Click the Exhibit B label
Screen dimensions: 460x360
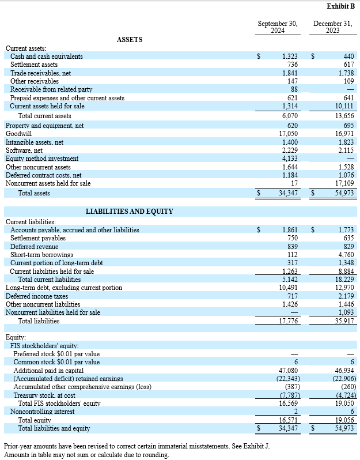[340, 6]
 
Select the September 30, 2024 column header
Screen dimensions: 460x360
[278, 27]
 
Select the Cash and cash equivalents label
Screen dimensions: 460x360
[46, 56]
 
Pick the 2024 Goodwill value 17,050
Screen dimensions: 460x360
[288, 133]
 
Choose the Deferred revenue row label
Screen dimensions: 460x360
[34, 246]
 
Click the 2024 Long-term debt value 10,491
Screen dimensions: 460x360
[288, 288]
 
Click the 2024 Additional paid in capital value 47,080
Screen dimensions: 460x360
[288, 370]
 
